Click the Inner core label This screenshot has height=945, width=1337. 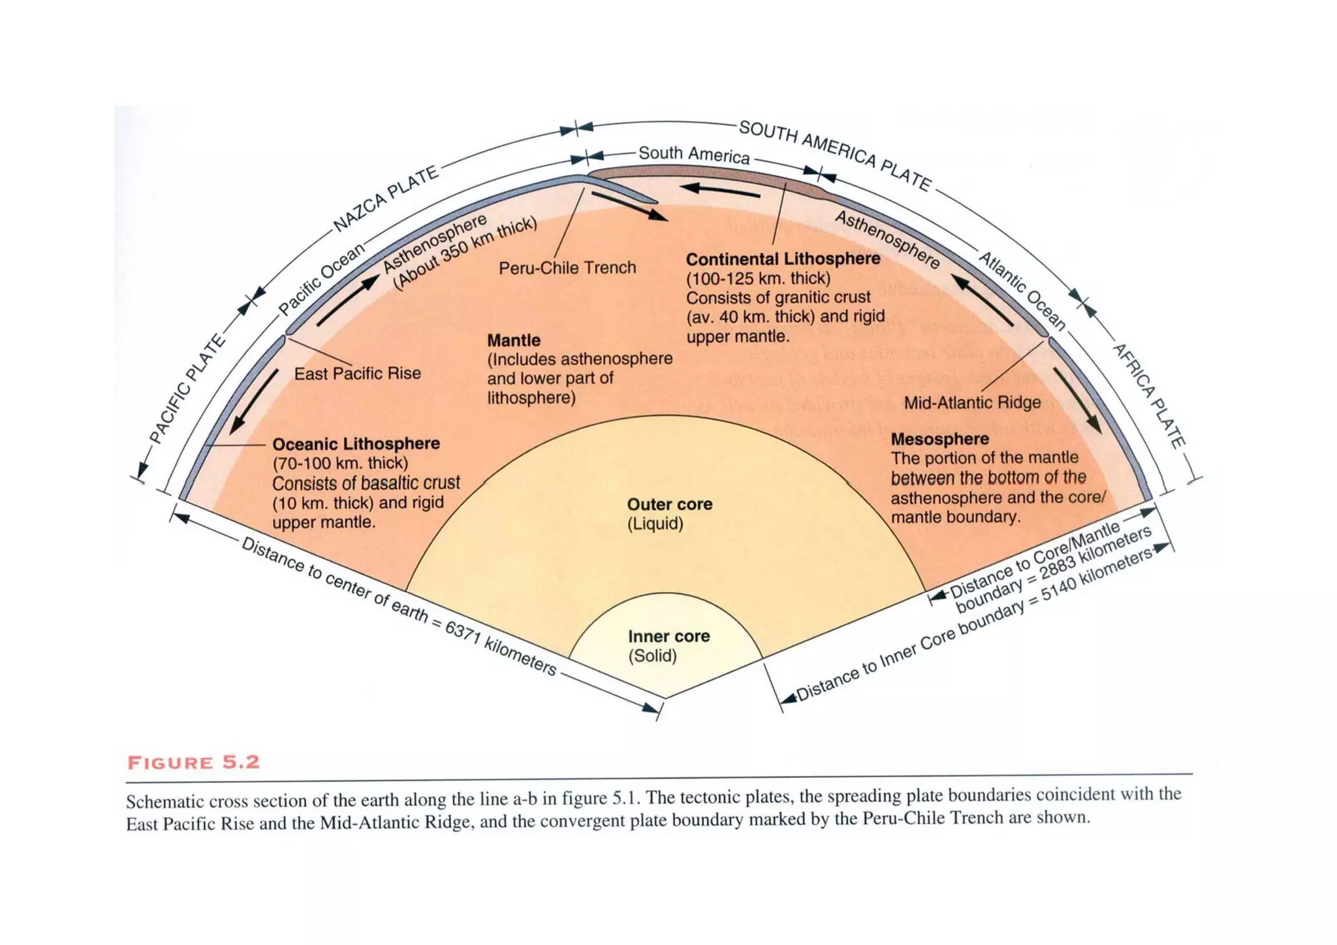pos(668,636)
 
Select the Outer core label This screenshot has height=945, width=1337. pos(669,504)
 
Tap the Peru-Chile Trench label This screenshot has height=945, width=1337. pos(567,268)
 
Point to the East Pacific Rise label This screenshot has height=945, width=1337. pos(357,374)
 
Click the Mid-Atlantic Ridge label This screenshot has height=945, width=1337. pos(972,402)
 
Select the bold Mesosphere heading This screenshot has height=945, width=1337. pos(939,439)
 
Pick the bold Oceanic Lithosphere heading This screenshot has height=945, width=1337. pos(356,444)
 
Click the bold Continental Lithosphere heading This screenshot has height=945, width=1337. pos(783,259)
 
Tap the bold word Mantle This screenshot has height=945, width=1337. pos(514,340)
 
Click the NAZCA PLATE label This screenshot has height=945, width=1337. pos(385,199)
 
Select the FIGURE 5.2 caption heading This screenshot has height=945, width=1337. pos(194,763)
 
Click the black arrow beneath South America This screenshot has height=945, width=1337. pos(720,190)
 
